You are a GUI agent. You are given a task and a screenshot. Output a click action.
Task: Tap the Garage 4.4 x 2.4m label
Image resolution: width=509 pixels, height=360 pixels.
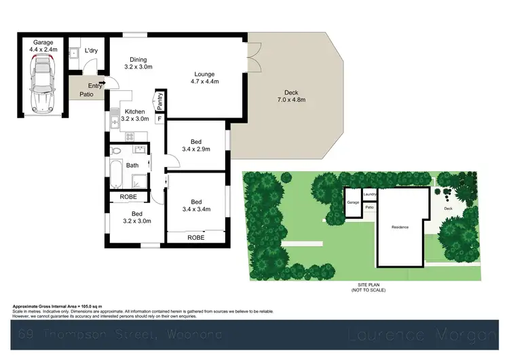point(43,46)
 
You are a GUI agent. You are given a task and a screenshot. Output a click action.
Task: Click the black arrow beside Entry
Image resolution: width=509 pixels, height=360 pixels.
point(102,83)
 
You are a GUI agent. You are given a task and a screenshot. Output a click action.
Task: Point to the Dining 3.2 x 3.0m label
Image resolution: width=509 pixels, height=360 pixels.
point(138,63)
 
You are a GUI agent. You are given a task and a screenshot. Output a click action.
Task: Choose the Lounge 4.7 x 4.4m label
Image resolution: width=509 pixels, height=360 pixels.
point(204,77)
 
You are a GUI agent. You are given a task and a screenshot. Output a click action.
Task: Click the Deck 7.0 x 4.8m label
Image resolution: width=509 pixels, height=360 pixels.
point(291,96)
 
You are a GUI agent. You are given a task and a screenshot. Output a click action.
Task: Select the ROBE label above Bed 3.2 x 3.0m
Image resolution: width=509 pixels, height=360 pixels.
point(128,197)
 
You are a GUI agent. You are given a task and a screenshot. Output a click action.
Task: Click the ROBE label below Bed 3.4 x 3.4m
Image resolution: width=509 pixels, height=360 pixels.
point(196,238)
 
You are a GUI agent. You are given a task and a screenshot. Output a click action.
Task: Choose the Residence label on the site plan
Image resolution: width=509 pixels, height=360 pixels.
point(400,227)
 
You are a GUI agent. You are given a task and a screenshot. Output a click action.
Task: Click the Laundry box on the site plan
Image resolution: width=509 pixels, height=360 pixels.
point(370,194)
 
